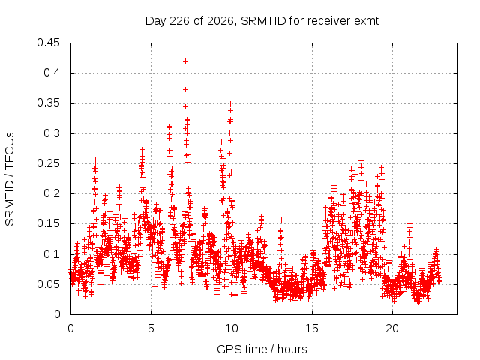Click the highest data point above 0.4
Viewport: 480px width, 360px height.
[185, 61]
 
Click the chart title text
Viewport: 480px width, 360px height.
[262, 21]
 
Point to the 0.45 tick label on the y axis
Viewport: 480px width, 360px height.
[48, 43]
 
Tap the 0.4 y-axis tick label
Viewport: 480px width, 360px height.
[52, 73]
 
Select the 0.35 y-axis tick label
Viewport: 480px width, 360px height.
[48, 103]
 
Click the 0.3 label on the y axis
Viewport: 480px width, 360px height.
[52, 133]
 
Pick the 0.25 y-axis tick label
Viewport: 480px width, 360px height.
[48, 163]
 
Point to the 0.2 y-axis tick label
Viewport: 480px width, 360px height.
[52, 193]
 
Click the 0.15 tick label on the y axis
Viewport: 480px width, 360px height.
[48, 223]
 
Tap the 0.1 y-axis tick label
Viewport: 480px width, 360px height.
[52, 254]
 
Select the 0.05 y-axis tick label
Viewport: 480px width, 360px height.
[48, 284]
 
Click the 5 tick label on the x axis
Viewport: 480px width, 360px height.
[151, 328]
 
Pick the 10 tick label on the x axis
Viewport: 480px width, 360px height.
[232, 328]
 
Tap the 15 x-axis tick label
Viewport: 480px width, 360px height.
[312, 328]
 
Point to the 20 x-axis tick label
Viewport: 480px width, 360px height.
[392, 328]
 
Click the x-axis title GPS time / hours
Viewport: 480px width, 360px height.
[262, 349]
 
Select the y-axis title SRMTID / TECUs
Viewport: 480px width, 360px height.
[10, 179]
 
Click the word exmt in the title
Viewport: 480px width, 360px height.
[367, 21]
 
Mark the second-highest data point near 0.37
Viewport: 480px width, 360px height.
[185, 90]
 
